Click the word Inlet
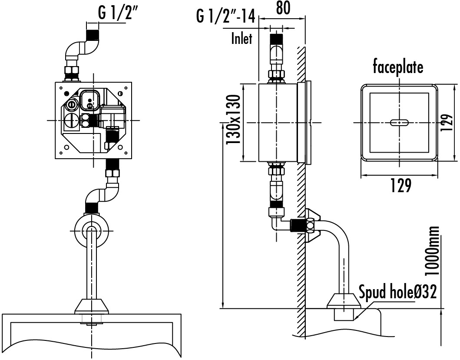242,38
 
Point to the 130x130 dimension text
234,120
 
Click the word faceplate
398,67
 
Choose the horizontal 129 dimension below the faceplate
401,185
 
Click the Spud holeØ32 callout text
397,292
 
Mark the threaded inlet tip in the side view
276,39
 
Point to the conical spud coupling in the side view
344,301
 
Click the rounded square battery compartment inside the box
90,100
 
